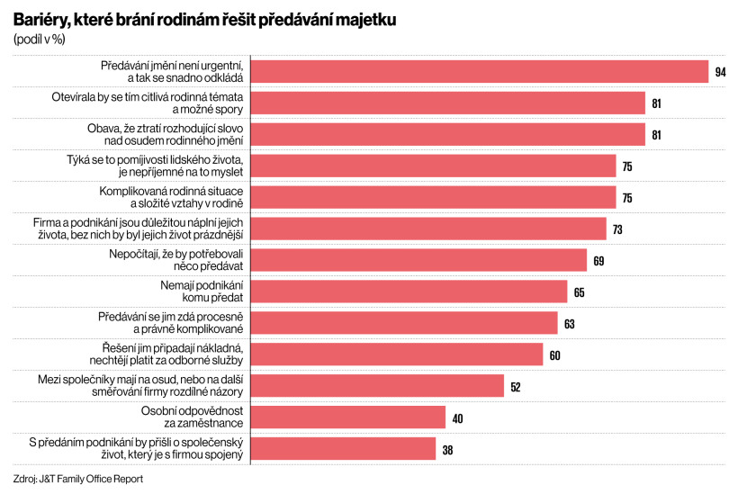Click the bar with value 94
(479, 72)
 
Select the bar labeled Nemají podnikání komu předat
(409, 291)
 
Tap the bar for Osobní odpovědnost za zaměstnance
(347, 417)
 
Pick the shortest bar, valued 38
(343, 448)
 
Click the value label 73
(617, 229)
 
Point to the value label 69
(598, 261)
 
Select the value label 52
(516, 386)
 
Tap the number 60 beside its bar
(554, 355)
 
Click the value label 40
(457, 418)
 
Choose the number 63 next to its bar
(569, 323)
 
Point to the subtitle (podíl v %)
(40, 39)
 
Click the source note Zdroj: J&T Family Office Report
(78, 479)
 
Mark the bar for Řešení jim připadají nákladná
(397, 354)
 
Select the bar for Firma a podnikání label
(428, 229)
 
